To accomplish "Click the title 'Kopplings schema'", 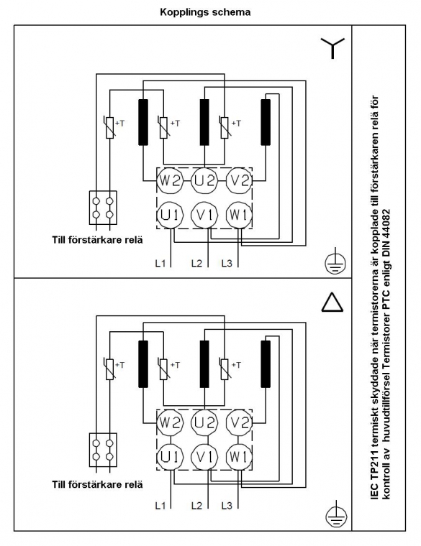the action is [205, 12].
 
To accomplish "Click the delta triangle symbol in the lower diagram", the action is [332, 302].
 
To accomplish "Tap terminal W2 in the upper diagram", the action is [170, 181].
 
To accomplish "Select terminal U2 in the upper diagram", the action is [204, 181].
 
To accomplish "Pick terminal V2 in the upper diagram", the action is [239, 181].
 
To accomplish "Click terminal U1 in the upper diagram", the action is [170, 215].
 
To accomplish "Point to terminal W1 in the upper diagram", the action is [239, 215].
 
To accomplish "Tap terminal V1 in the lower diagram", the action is [204, 456].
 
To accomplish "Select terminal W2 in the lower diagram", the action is [170, 422].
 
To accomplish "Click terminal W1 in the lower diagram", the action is [239, 456].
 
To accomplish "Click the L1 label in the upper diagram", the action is [160, 263].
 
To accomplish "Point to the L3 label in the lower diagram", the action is [227, 505].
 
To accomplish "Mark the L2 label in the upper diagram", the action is [196, 263].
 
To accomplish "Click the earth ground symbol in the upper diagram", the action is [335, 262].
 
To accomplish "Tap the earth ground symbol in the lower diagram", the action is [335, 514].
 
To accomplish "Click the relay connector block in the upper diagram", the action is [103, 208].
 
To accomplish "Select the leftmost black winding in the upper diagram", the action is [143, 122].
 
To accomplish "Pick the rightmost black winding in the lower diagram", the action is [266, 364].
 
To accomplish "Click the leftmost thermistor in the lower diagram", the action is [110, 369].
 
